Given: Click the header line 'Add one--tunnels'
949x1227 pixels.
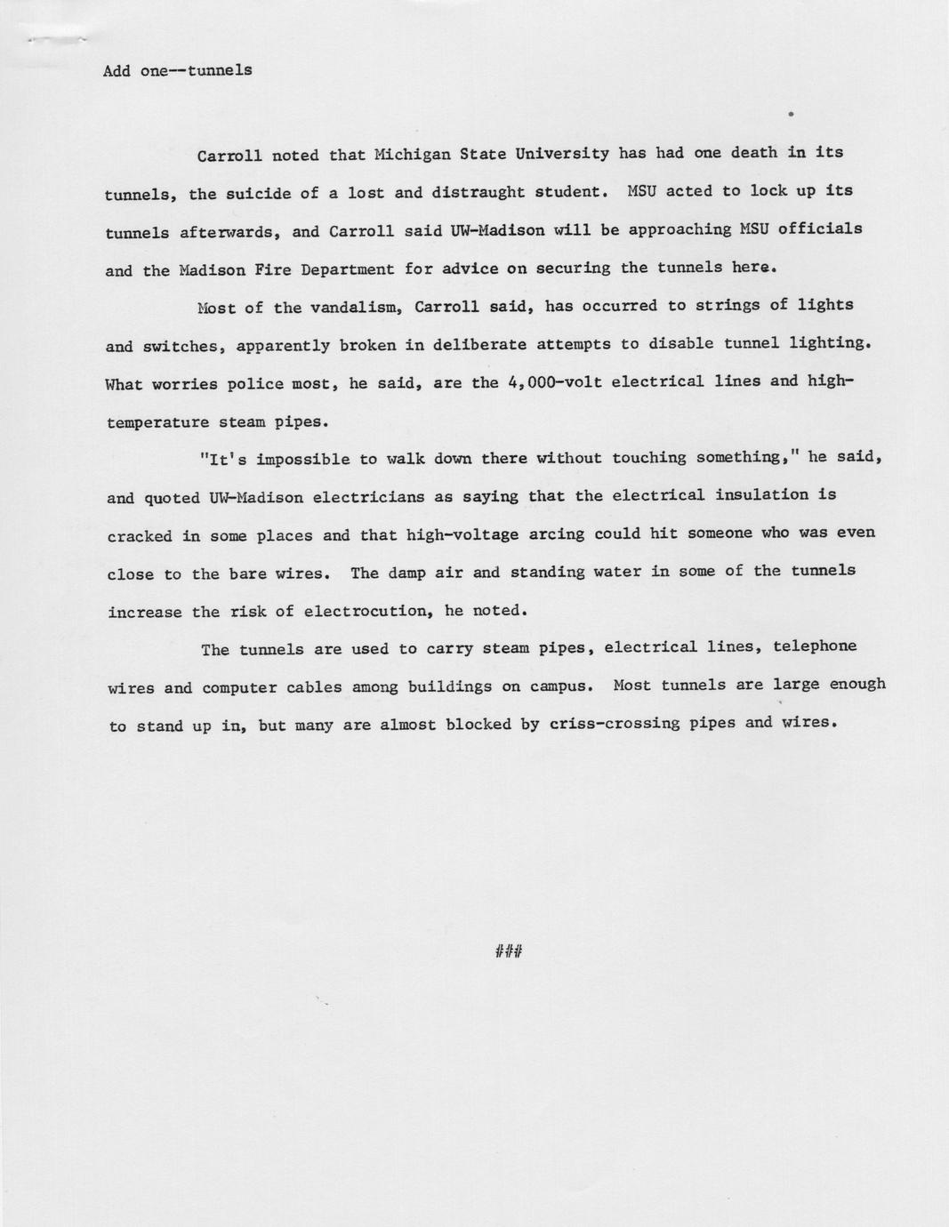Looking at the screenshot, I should coord(177,70).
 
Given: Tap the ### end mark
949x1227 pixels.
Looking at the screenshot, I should coord(508,952).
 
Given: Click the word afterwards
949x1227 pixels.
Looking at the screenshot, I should coord(230,232).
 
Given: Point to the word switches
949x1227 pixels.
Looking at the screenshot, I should coord(184,347).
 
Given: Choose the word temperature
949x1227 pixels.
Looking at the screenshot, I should coord(157,422).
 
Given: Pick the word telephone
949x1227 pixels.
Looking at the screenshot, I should coord(815,646).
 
